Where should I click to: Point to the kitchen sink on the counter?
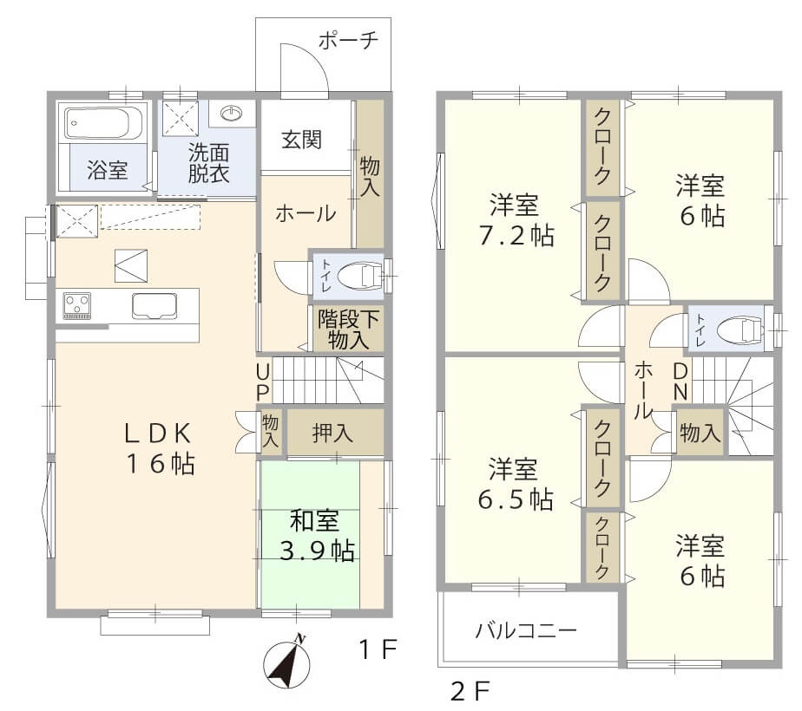pos(154,306)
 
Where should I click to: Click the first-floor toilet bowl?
pos(361,277)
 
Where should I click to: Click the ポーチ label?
pos(348,41)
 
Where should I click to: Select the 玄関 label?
pos(302,139)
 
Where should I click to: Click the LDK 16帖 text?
pos(156,447)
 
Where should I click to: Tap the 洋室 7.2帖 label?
pos(511,221)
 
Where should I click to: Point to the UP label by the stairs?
pos(263,381)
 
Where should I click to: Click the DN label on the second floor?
pos(680,382)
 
